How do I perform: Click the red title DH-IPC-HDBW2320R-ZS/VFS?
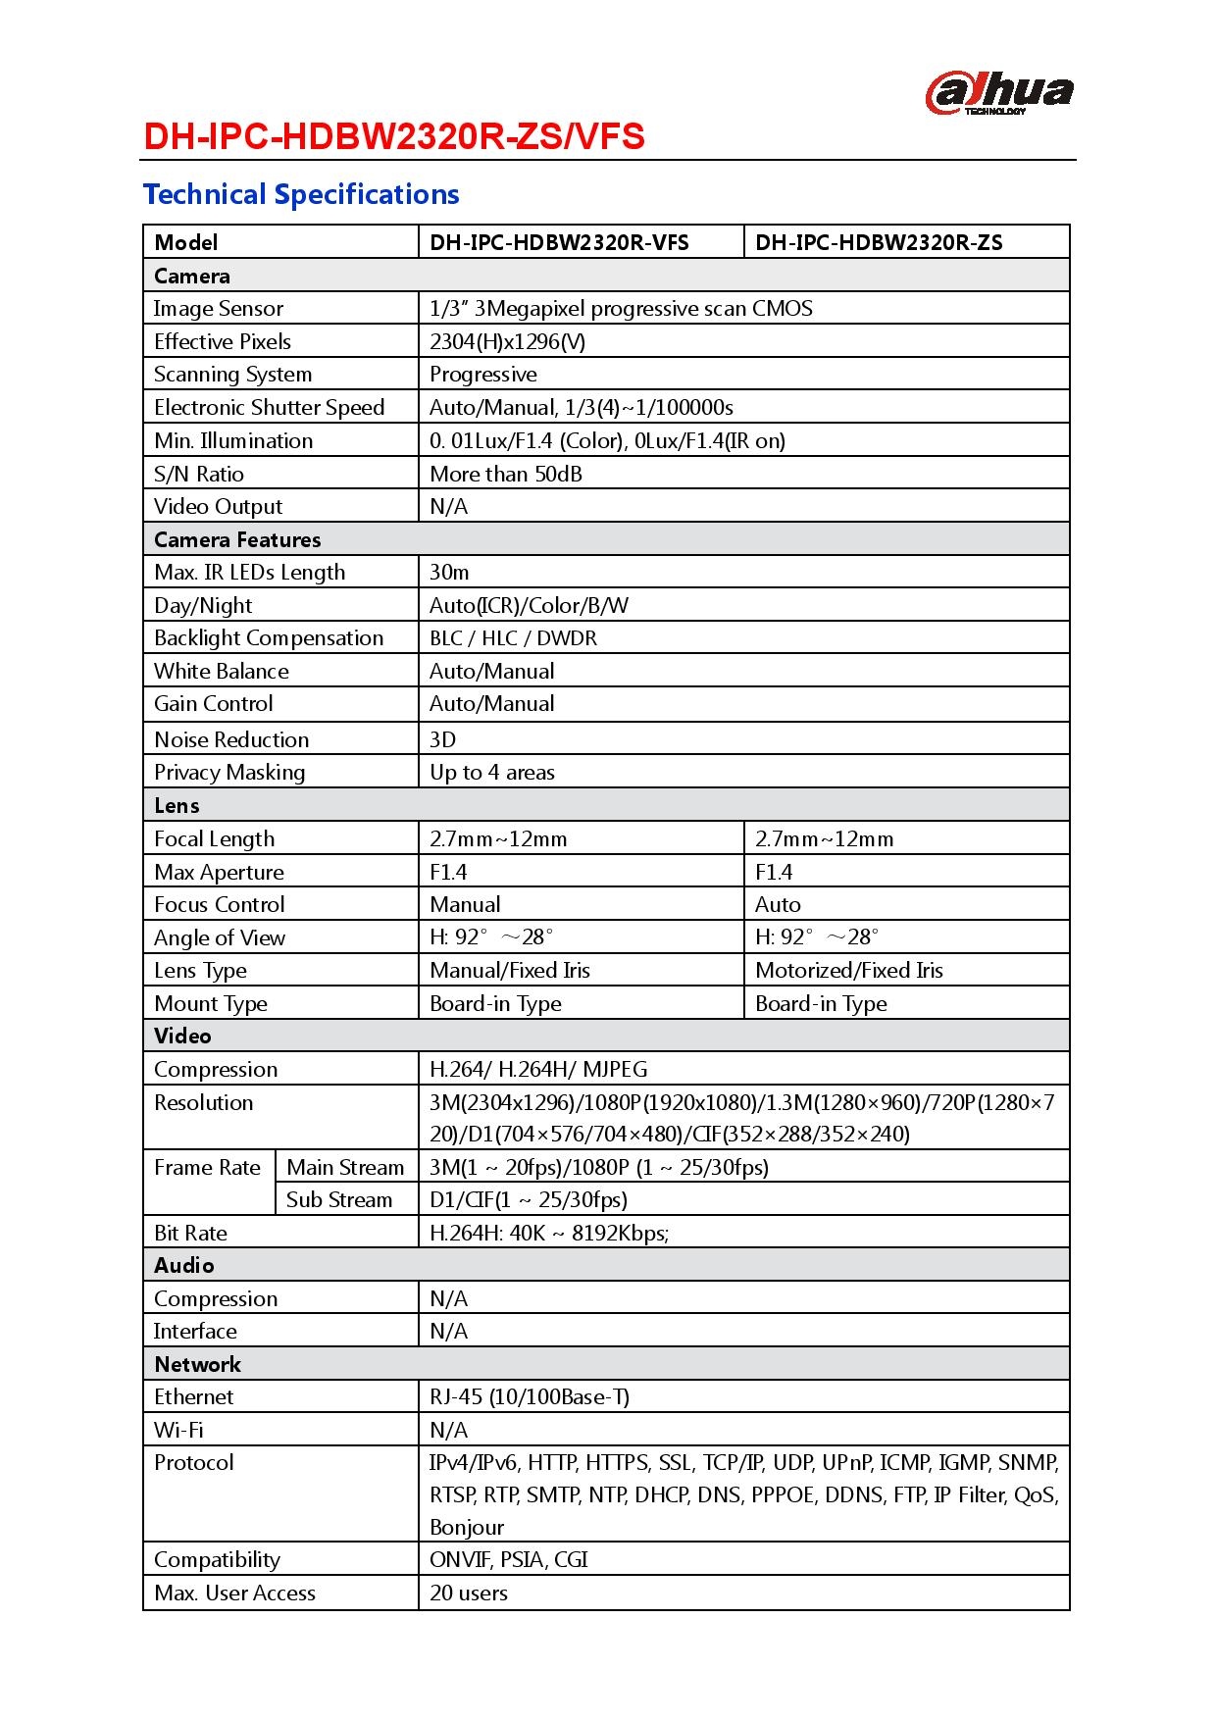393,137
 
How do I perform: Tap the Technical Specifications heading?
301,194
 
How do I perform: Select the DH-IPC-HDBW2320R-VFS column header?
559,242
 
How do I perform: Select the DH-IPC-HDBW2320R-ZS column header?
879,242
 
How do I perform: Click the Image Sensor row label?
219,309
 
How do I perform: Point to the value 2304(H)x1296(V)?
507,341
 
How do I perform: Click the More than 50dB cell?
505,474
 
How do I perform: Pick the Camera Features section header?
237,539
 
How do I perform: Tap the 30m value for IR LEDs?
449,572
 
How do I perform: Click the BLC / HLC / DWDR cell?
513,638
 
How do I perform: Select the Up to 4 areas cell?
491,773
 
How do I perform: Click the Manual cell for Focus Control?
465,904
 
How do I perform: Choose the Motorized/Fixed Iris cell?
848,971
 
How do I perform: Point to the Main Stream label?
345,1167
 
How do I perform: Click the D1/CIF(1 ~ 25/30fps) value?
528,1200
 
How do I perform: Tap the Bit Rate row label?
190,1233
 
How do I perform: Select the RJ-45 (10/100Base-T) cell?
530,1397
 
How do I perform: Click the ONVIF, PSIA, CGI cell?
508,1559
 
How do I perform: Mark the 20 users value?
469,1593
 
